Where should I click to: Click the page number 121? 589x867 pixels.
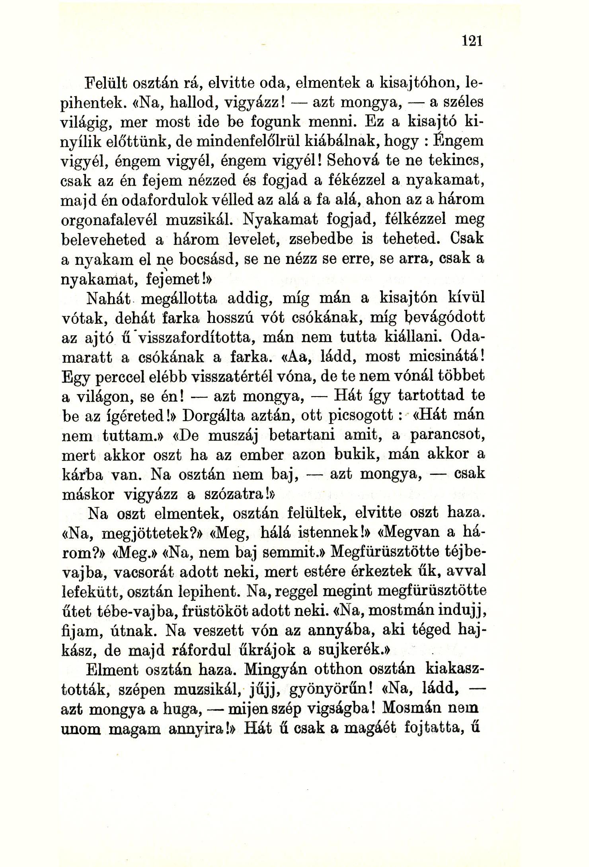point(472,41)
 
